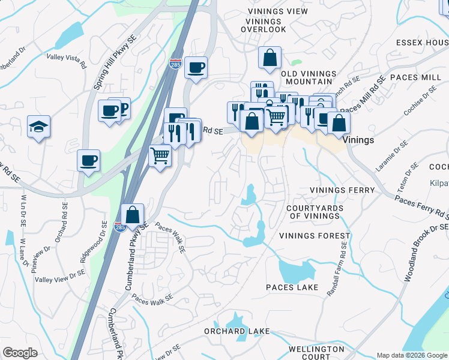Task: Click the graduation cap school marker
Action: point(38,127)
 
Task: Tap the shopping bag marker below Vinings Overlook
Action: point(270,58)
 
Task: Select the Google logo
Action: point(20,353)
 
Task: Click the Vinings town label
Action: point(361,140)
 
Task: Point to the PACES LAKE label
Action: point(292,287)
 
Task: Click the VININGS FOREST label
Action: point(314,236)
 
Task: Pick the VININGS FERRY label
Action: point(342,190)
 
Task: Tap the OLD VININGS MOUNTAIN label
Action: point(306,77)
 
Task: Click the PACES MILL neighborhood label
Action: point(415,78)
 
